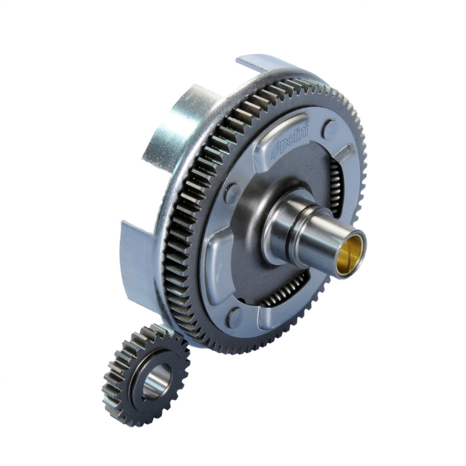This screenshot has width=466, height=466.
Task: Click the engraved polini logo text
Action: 289,143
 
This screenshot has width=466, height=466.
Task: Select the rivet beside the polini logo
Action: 331,128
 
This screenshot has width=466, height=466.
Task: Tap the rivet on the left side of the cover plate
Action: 231,193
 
